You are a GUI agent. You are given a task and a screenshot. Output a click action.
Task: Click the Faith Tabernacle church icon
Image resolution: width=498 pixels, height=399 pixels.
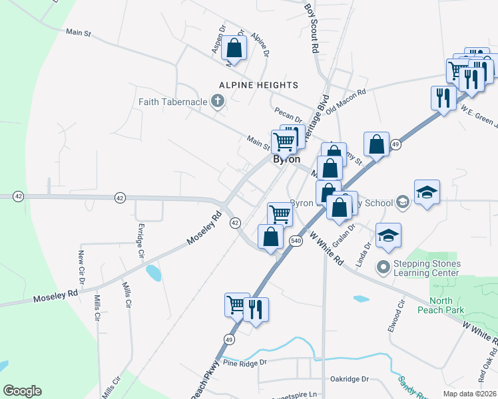216,102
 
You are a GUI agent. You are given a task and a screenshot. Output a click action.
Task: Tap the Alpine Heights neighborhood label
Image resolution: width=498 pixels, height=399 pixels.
260,85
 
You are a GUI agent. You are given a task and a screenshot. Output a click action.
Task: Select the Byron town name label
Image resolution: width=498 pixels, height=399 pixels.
286,160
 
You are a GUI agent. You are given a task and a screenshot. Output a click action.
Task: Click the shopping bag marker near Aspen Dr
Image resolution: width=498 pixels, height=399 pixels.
234,48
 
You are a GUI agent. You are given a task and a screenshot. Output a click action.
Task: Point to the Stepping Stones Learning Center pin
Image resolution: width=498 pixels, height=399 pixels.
383,267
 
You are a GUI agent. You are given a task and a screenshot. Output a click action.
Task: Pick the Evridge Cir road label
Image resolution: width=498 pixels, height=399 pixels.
140,241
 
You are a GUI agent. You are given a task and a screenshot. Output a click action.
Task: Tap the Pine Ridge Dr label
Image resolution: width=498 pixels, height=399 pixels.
244,363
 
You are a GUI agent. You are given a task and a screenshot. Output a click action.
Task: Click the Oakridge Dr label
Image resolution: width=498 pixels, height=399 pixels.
350,379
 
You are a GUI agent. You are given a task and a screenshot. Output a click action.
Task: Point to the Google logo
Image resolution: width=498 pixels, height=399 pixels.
22,391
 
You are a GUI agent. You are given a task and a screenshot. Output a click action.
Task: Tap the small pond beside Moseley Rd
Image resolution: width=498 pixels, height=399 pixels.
153,273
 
